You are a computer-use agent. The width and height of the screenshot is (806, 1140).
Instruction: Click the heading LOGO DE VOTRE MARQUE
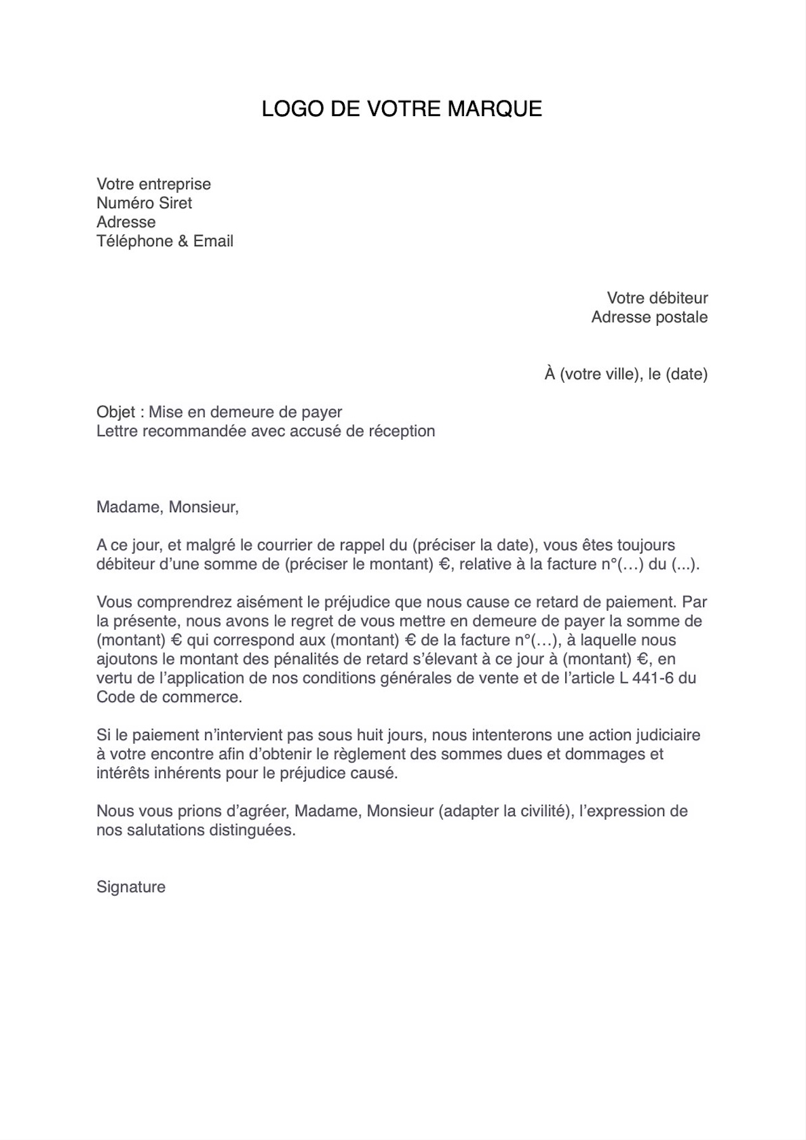(402, 109)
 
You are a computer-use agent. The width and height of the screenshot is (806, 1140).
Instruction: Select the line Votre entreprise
(154, 184)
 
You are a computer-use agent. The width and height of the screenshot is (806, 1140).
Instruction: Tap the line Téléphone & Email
(165, 241)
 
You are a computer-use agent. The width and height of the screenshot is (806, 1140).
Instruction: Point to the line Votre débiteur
(657, 298)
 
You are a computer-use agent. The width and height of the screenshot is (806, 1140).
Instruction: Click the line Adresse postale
(649, 317)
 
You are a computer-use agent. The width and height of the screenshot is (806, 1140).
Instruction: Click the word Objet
(116, 412)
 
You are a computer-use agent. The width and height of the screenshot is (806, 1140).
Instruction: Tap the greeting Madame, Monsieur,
(168, 507)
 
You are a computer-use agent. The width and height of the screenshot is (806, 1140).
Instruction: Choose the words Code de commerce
(169, 697)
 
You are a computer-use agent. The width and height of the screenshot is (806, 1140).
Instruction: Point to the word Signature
(131, 887)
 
